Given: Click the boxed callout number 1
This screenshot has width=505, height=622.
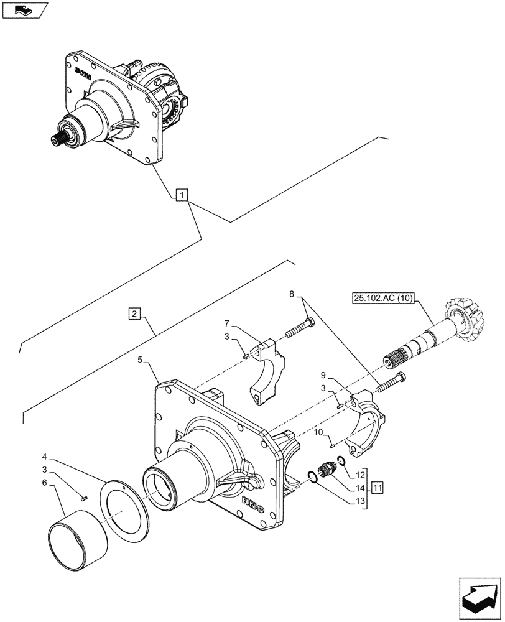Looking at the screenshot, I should (180, 195).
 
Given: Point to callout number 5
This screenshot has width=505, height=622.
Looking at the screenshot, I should (141, 360).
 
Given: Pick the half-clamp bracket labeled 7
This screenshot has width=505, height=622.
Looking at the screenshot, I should (268, 369).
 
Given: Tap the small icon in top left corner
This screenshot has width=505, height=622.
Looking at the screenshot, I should (24, 11).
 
